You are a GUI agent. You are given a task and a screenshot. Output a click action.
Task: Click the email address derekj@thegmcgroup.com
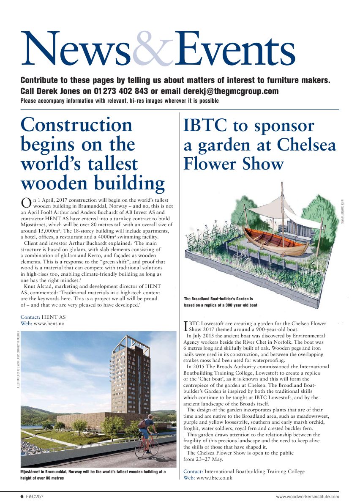tap(231, 91)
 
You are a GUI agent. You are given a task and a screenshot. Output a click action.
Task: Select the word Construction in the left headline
tap(76, 125)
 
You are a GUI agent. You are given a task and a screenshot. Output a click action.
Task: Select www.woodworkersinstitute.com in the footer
tap(307, 496)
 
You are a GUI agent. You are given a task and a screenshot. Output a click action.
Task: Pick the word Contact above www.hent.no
tap(30, 317)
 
